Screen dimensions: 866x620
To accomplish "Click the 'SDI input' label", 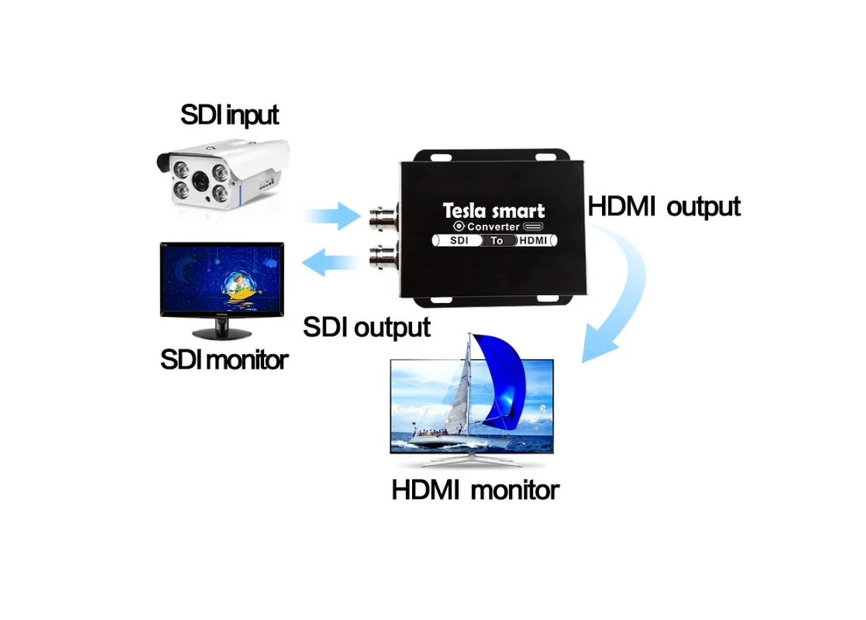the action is coord(229,115).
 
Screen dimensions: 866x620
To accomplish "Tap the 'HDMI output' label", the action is coord(663,207).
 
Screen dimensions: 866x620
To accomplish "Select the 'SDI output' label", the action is coord(367,327).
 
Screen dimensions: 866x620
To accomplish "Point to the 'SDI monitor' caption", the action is coord(224,360).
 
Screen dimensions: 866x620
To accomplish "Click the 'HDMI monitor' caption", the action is coord(475,489).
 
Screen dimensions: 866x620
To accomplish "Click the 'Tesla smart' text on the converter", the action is coord(494,211).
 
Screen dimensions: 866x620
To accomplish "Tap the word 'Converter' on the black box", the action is coord(493,227).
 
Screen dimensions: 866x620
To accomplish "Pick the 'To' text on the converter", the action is coord(497,241).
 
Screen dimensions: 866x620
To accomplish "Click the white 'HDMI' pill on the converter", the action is coord(536,240).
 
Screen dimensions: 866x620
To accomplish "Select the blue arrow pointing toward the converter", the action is coord(333,216).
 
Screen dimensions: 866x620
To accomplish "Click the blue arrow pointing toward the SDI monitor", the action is coord(331,263).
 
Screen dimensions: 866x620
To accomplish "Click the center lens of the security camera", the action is coord(200,181).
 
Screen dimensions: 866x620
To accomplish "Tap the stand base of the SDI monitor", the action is coord(222,334).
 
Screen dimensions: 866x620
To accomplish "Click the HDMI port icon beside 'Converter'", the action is coord(533,226).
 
